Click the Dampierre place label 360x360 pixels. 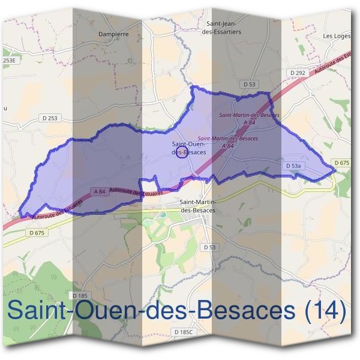coord(115,34)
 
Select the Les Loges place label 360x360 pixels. coord(337,36)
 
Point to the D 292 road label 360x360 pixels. coord(298,73)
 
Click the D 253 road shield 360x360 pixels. coord(49,118)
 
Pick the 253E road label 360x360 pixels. coord(8,61)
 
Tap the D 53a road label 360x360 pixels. coord(293,165)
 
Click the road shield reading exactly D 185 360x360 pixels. coord(79,296)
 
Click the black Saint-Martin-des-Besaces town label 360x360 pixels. coord(197,206)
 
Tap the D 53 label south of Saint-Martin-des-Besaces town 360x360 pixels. coord(209,247)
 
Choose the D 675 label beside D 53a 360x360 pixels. coord(341,163)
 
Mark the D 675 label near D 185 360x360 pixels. coord(36,232)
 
